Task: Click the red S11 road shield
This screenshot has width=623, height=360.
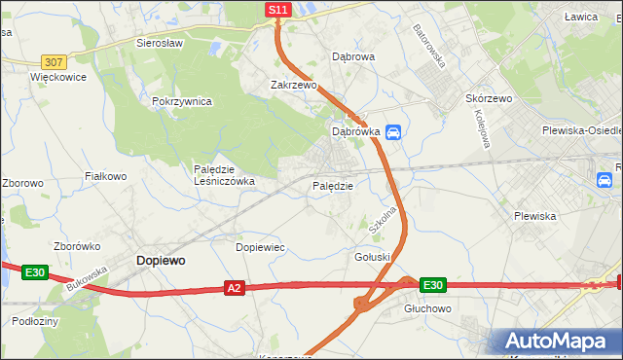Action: click(x=278, y=10)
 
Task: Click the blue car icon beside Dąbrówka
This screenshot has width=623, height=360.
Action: click(x=392, y=132)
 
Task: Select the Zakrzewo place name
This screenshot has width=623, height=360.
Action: click(x=294, y=85)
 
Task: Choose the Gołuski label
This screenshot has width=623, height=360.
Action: click(x=372, y=257)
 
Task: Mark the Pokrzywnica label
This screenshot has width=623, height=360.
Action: click(x=182, y=101)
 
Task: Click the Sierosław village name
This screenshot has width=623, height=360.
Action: click(x=162, y=44)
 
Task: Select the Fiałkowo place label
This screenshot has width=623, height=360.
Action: click(x=106, y=176)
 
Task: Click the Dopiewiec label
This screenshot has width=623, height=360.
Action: click(x=260, y=247)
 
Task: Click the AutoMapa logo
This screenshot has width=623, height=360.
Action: click(x=559, y=342)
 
